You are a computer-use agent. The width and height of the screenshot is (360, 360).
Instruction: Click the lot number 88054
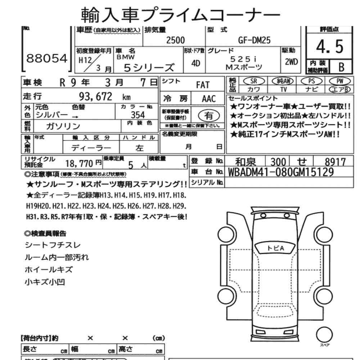pos(46,59)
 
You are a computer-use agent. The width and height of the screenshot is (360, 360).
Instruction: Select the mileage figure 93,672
pos(95,96)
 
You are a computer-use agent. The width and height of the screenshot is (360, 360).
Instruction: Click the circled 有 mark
pos(208,115)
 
